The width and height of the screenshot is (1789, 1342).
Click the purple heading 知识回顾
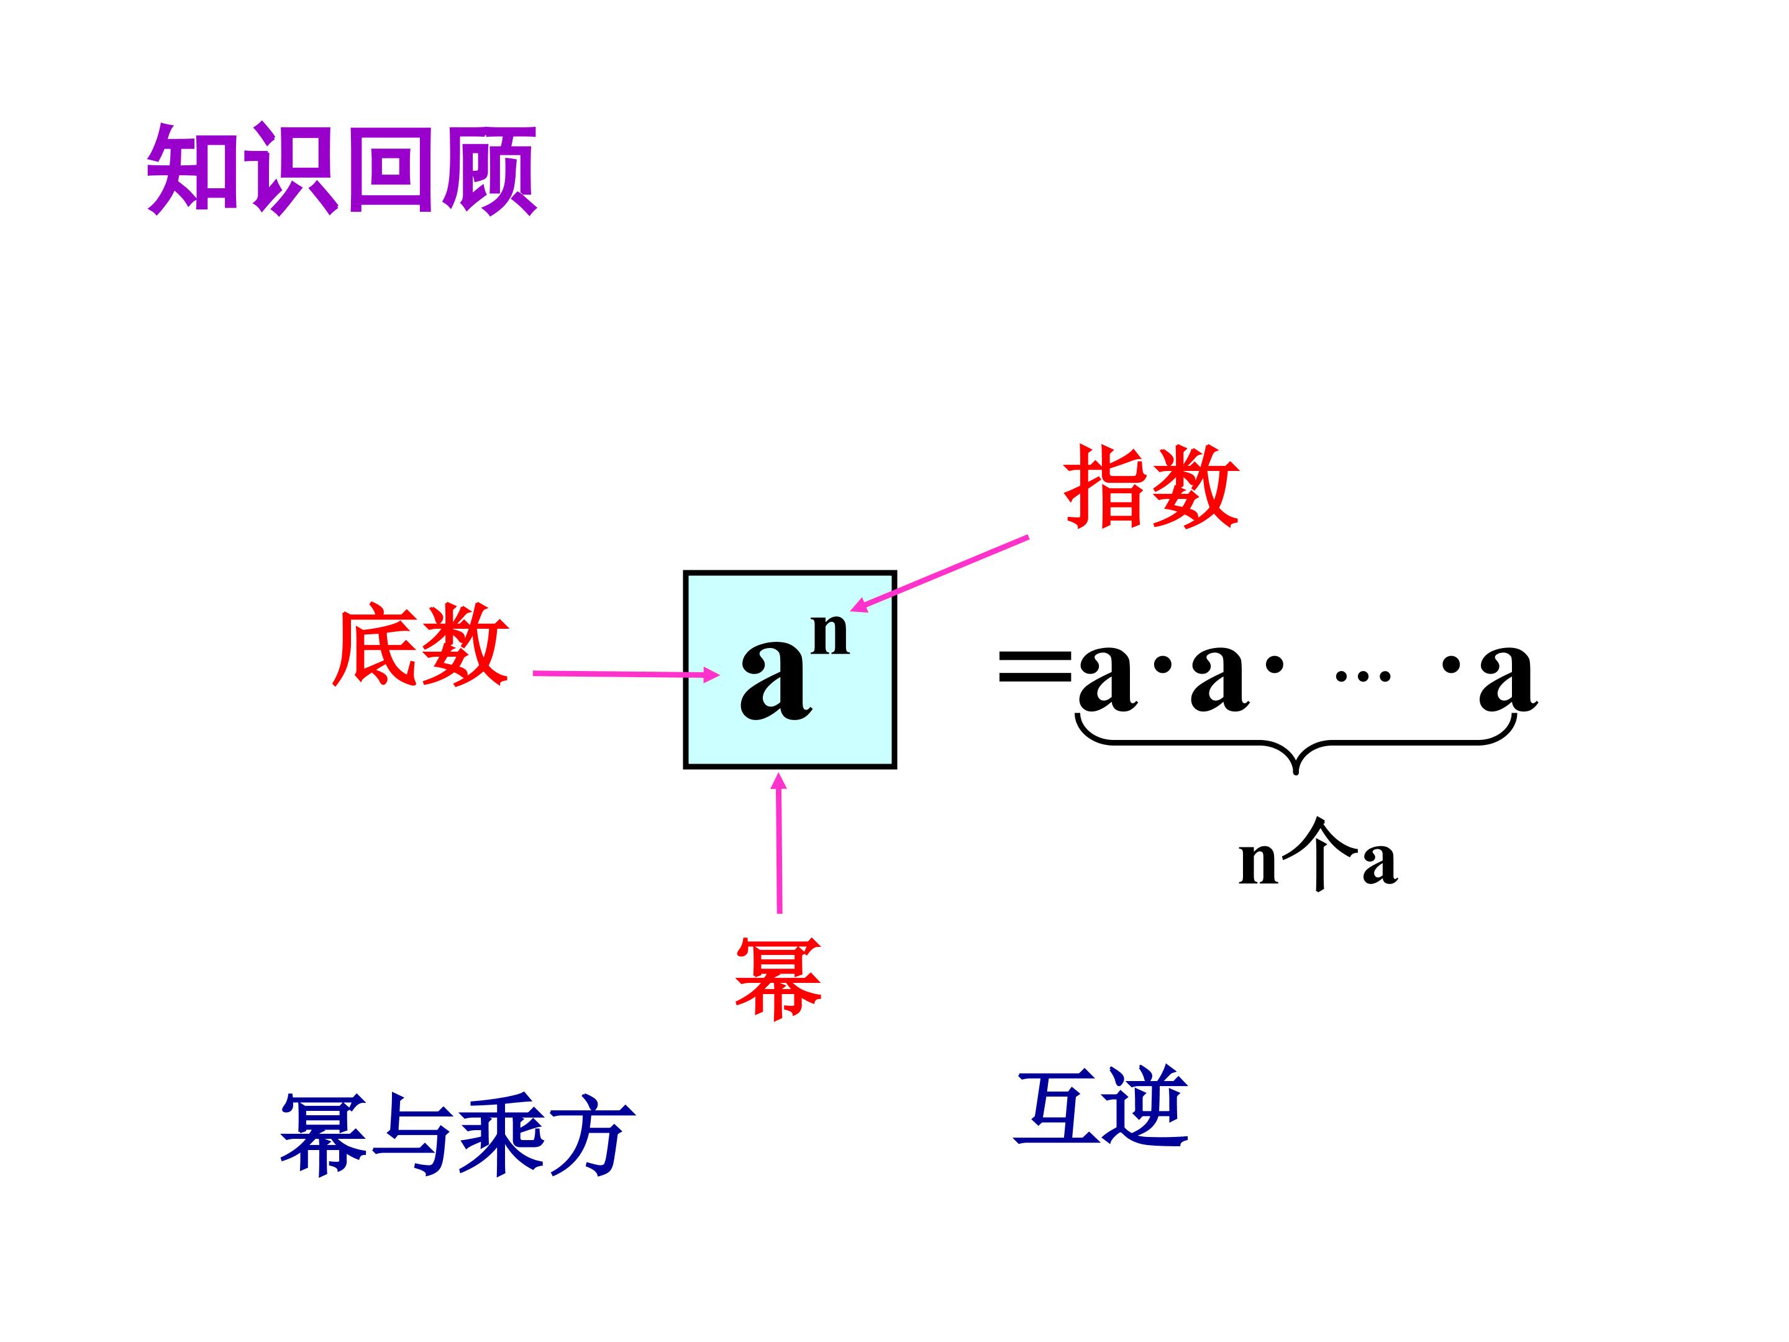(x=342, y=170)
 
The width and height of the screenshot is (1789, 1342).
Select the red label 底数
(x=421, y=645)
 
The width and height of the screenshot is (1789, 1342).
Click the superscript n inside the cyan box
(x=830, y=634)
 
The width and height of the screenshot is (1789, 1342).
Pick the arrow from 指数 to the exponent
(x=939, y=573)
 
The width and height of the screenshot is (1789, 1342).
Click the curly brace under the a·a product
(x=1296, y=742)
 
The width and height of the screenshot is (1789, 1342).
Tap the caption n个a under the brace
(x=1318, y=857)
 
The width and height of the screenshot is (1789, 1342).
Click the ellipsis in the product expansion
(x=1363, y=676)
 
